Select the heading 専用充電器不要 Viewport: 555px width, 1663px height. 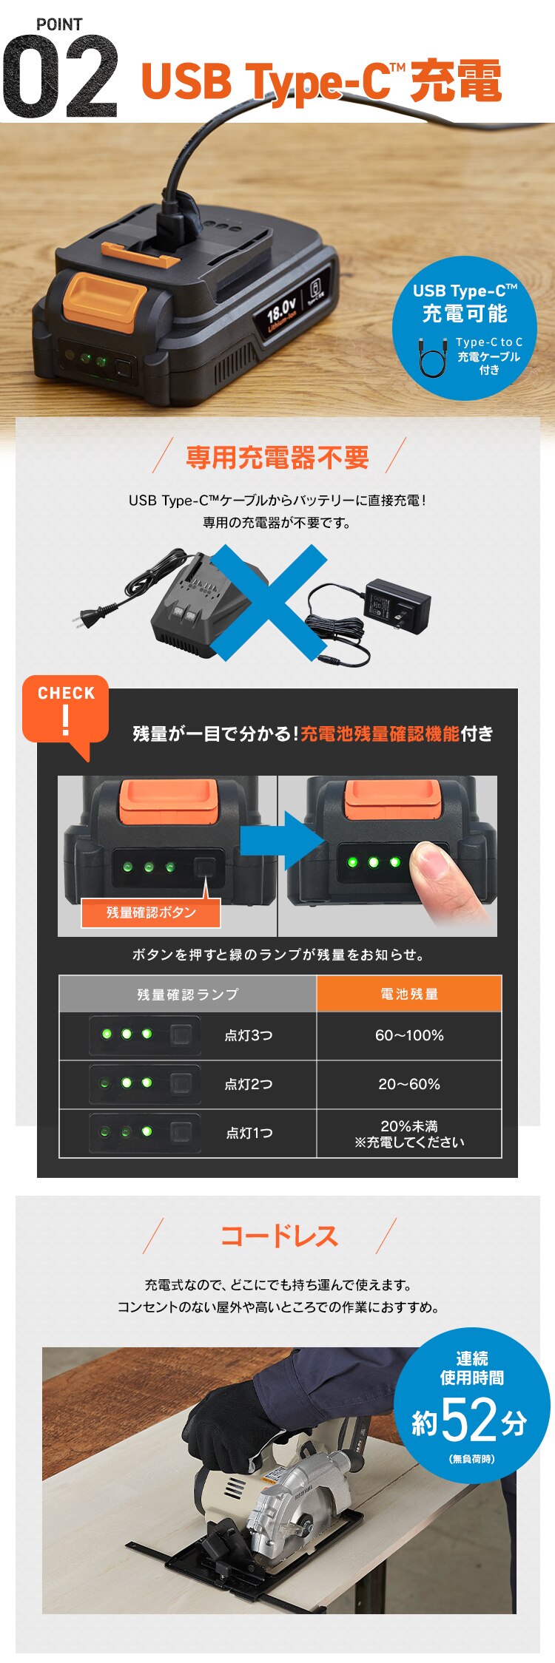pyautogui.click(x=277, y=458)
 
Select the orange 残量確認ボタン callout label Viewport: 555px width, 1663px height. pyautogui.click(x=151, y=912)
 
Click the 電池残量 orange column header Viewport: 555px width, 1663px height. pyautogui.click(x=409, y=994)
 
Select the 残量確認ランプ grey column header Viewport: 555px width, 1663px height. pyautogui.click(x=188, y=994)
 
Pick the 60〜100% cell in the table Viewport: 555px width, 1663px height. pyautogui.click(x=409, y=1035)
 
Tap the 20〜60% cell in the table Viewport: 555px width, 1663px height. pyautogui.click(x=409, y=1084)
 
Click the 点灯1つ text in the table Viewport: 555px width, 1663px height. pyautogui.click(x=249, y=1133)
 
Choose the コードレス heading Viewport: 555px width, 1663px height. pyautogui.click(x=279, y=1236)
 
